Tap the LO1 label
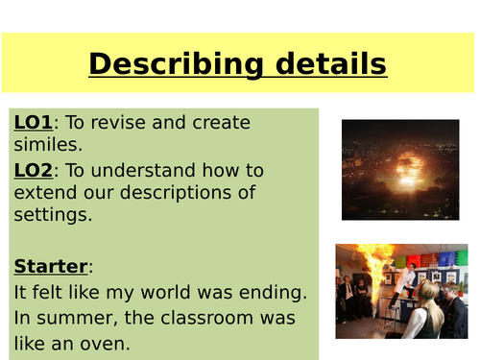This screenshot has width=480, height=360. pos(34,123)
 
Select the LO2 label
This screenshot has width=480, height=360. pos(34,170)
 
